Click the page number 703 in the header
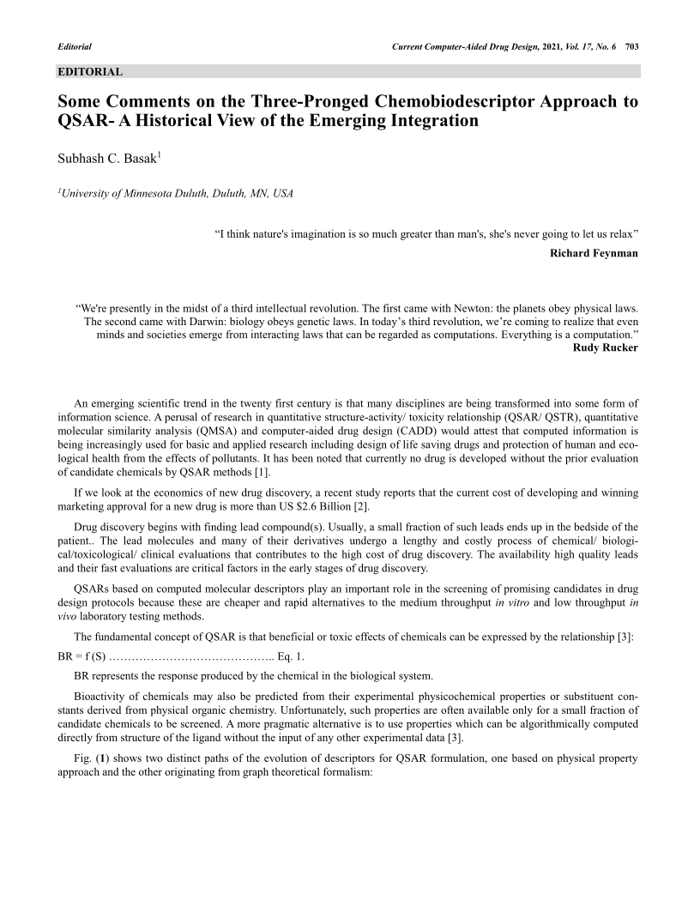pyautogui.click(x=632, y=45)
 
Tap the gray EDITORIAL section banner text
pyautogui.click(x=90, y=72)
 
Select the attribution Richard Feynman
pyautogui.click(x=594, y=253)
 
